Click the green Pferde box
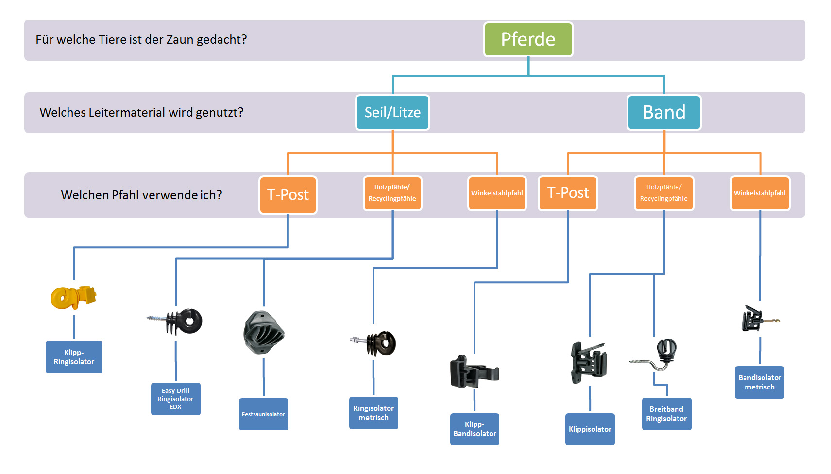pos(528,39)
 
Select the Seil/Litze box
pos(392,112)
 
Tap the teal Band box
pos(664,112)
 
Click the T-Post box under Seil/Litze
pos(288,195)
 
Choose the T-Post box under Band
pos(568,193)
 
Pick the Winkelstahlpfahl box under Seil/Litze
pos(497,193)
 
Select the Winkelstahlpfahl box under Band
pos(760,193)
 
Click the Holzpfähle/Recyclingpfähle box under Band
pos(663,193)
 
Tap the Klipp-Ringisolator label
pos(74,357)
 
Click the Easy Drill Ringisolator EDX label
pos(175,399)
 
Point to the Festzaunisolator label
pos(263,414)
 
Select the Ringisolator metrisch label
pos(373,413)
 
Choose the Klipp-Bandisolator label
pos(475,429)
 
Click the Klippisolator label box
pos(590,429)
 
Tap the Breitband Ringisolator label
pos(666,414)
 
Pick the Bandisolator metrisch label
pos(760,382)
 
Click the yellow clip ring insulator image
pos(73,297)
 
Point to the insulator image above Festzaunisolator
pos(264,333)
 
